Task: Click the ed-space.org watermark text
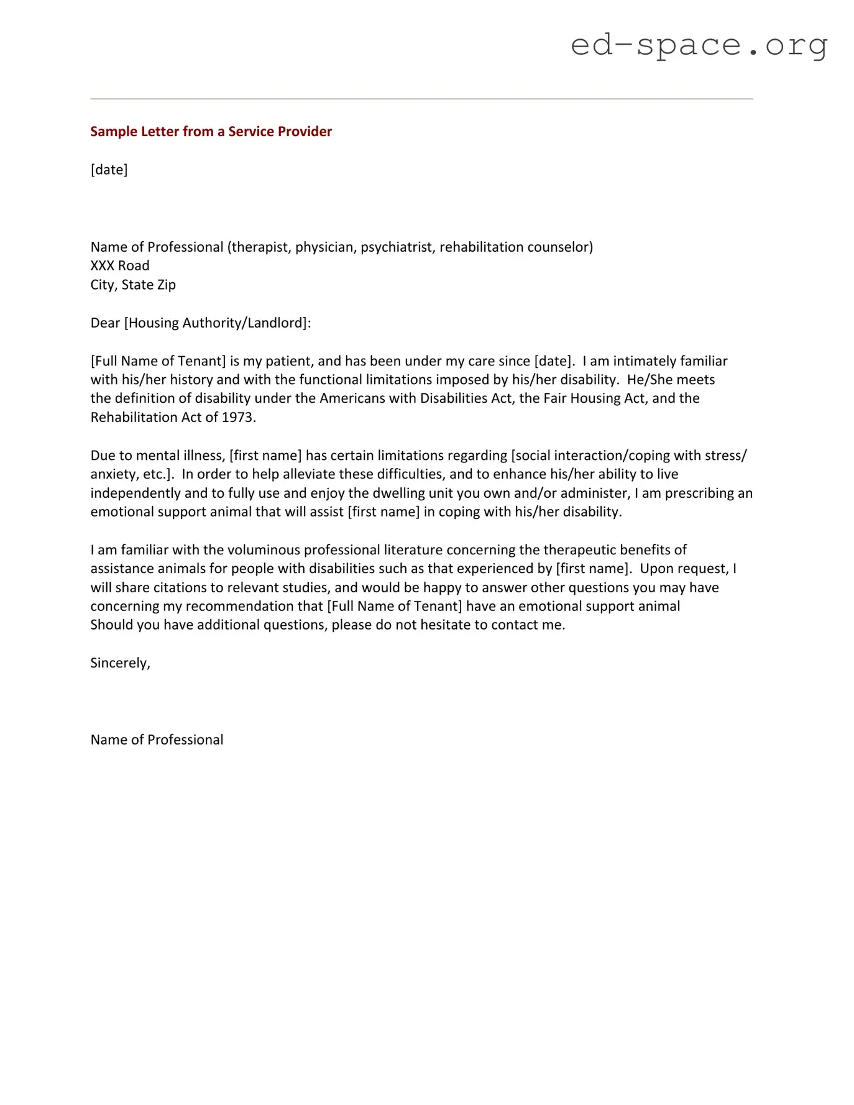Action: pyautogui.click(x=699, y=45)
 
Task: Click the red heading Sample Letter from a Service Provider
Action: pyautogui.click(x=211, y=131)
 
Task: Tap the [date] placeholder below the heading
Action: pyautogui.click(x=109, y=170)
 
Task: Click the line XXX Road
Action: pyautogui.click(x=120, y=266)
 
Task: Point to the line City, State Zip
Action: pyautogui.click(x=133, y=285)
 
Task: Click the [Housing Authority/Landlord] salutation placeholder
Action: pyautogui.click(x=216, y=323)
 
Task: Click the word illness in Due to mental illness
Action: pyautogui.click(x=203, y=456)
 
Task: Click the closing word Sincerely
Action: pyautogui.click(x=119, y=663)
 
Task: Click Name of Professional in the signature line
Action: pyautogui.click(x=157, y=740)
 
